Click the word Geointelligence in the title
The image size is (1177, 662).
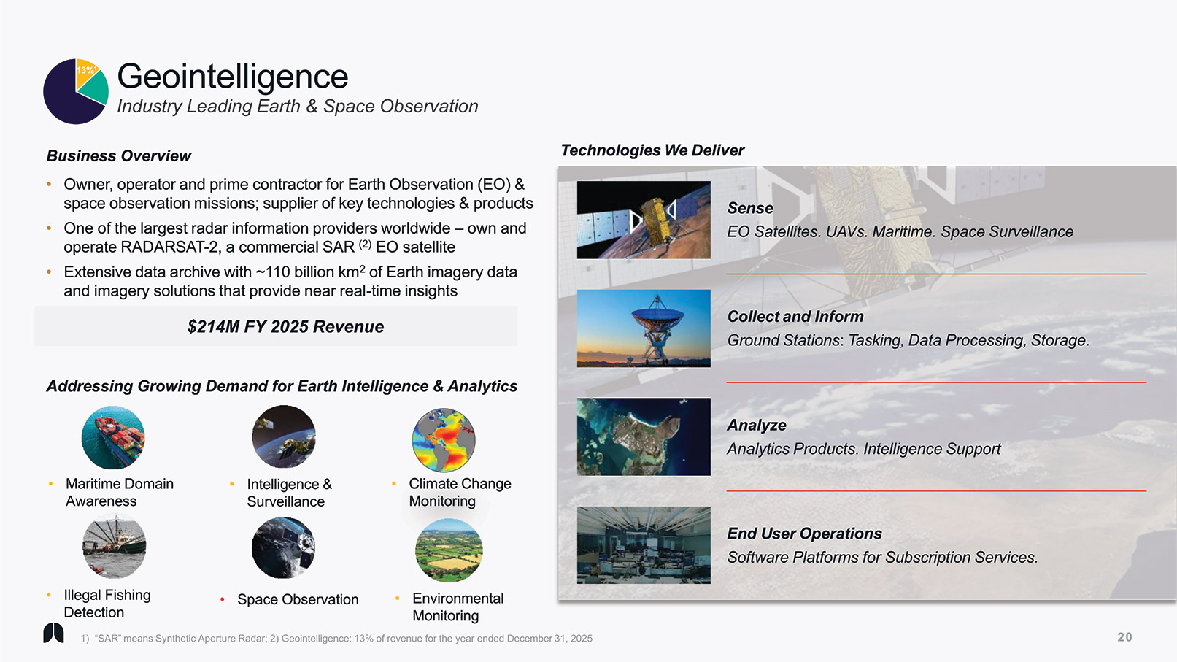pos(232,76)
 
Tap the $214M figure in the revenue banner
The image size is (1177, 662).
pos(206,326)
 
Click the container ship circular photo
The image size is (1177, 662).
pos(113,437)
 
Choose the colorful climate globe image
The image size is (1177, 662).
pos(444,440)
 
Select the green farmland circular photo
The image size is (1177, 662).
pos(449,550)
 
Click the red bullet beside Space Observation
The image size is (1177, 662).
pos(223,599)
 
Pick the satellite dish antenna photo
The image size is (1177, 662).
pos(644,328)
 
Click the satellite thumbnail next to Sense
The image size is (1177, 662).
pos(644,220)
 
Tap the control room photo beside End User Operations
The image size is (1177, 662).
pos(644,544)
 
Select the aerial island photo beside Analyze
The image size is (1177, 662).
pos(644,436)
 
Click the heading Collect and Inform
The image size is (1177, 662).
pos(795,316)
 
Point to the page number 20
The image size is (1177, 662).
pos(1125,637)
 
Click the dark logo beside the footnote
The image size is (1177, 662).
pos(53,633)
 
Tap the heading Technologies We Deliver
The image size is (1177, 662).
pos(652,150)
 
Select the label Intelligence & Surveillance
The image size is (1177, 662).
pos(290,493)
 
